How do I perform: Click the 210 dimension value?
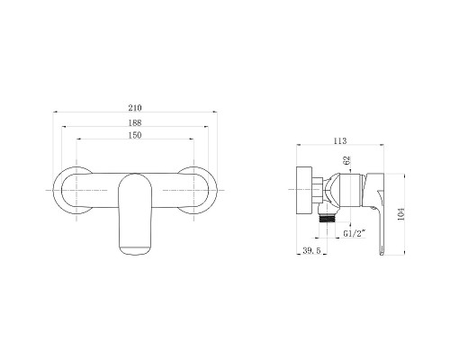coord(135,108)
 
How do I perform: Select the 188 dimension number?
coord(135,122)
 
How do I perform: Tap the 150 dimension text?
coord(135,135)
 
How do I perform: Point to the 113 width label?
coord(340,140)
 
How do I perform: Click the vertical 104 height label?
coord(400,214)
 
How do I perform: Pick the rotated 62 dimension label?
coord(347,160)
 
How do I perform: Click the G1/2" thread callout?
coord(355,233)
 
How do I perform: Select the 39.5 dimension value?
coord(311,250)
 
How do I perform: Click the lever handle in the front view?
coord(135,214)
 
